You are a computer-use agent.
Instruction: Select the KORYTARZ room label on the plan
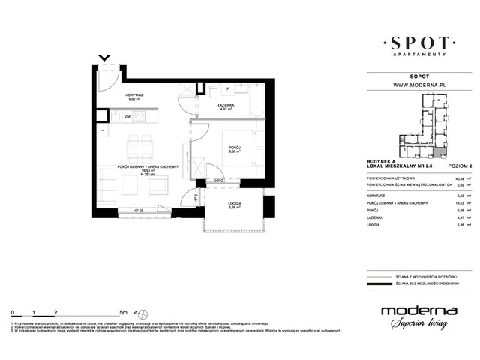click(x=136, y=96)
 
